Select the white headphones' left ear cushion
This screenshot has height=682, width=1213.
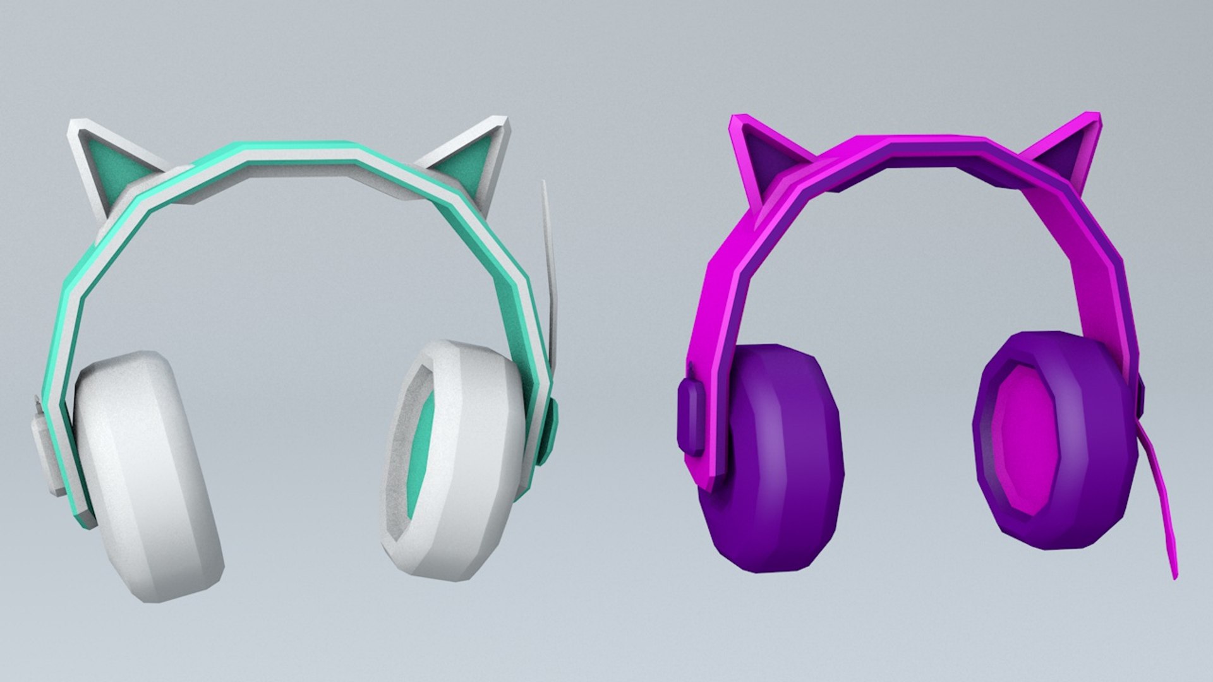148,474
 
